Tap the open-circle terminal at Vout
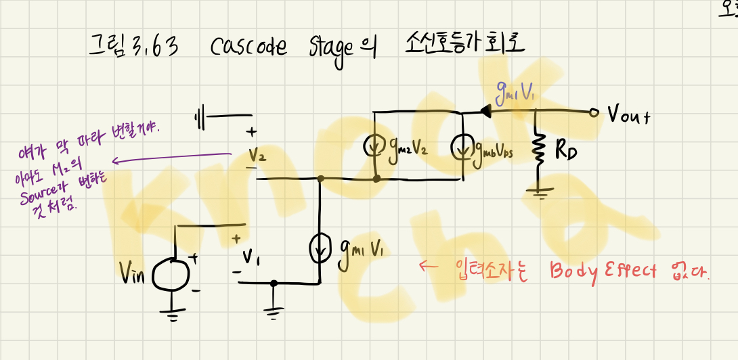(x=594, y=113)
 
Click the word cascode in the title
(x=248, y=47)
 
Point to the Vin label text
(x=133, y=273)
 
